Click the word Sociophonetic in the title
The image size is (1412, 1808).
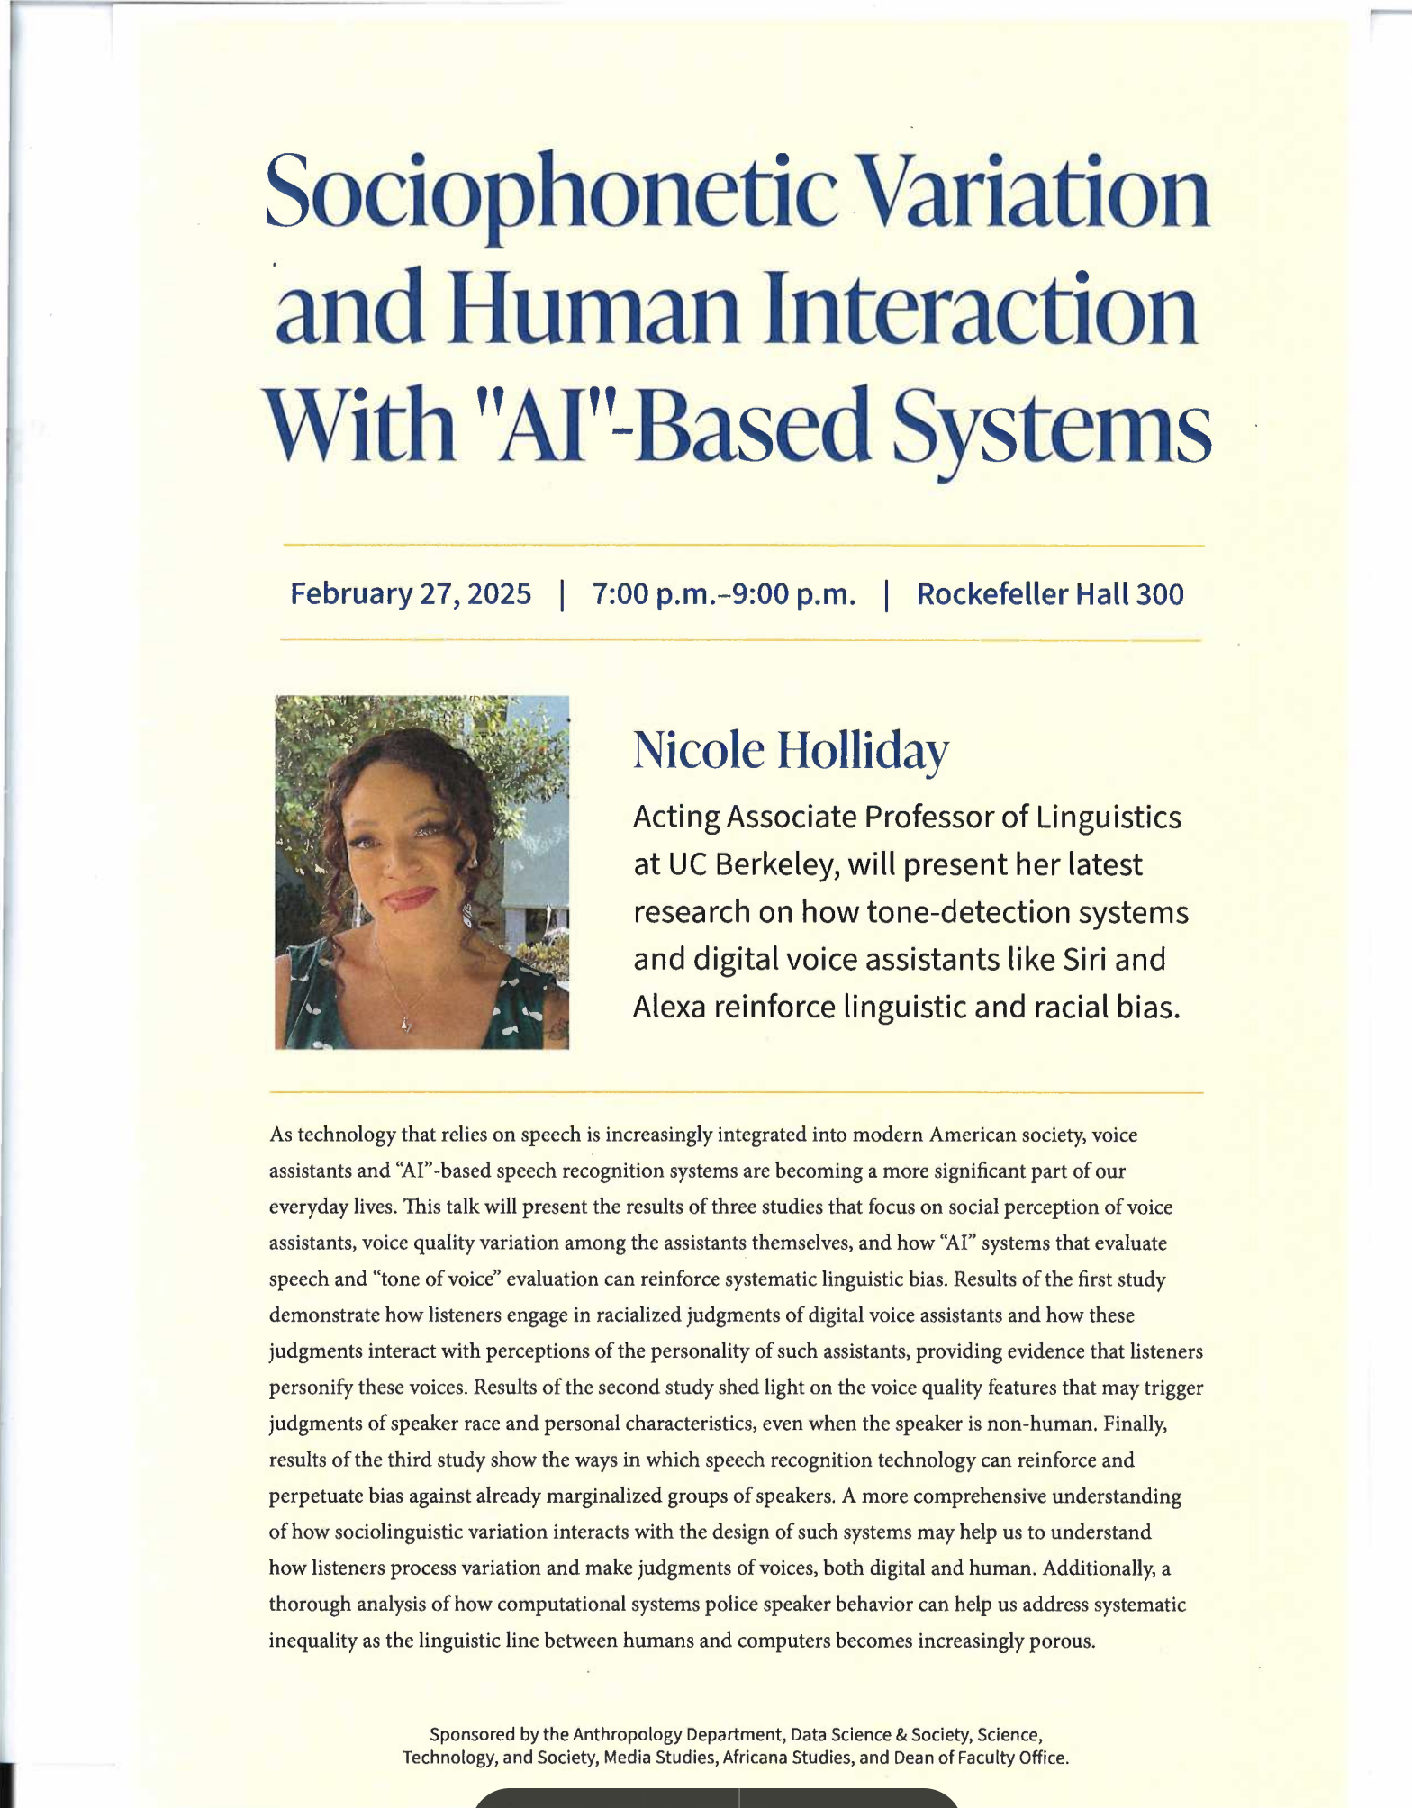[x=550, y=192]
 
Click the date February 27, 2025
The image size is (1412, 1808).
[x=411, y=594]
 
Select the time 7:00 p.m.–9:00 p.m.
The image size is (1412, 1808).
[x=724, y=594]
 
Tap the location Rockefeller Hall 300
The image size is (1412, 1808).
[x=1050, y=594]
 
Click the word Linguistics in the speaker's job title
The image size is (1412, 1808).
[x=1109, y=817]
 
